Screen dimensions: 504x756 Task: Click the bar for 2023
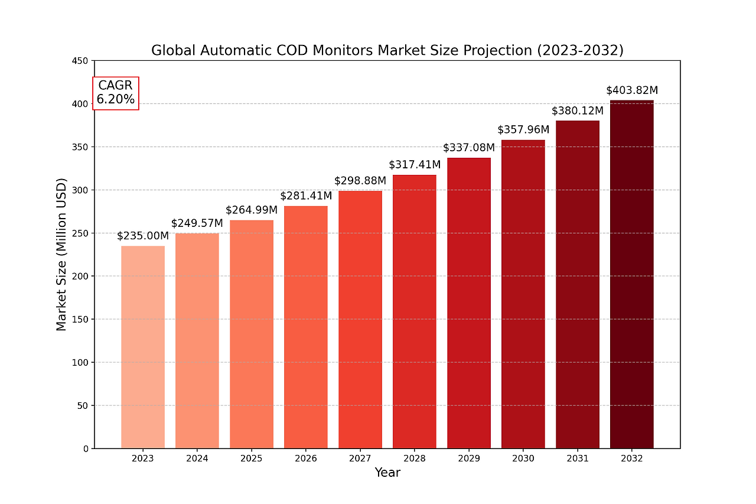143,347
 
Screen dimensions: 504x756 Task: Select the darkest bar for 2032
631,274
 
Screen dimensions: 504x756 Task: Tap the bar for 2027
360,320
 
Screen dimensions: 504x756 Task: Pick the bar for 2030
523,294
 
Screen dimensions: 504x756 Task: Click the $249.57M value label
197,223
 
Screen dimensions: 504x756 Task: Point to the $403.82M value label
632,90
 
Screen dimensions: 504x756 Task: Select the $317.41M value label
415,164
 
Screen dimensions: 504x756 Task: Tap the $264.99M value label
252,210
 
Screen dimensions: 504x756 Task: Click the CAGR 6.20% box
116,93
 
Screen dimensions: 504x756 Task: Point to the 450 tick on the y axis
81,61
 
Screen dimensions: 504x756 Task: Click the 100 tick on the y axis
81,363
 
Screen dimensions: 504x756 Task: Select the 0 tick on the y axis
86,449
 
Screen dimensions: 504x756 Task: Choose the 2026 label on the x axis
306,459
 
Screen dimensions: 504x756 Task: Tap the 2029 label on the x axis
469,459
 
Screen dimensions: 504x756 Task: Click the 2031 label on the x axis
578,459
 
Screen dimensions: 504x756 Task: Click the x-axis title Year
387,473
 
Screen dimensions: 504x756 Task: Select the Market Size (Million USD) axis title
61,254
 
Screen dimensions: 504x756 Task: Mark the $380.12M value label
578,111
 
